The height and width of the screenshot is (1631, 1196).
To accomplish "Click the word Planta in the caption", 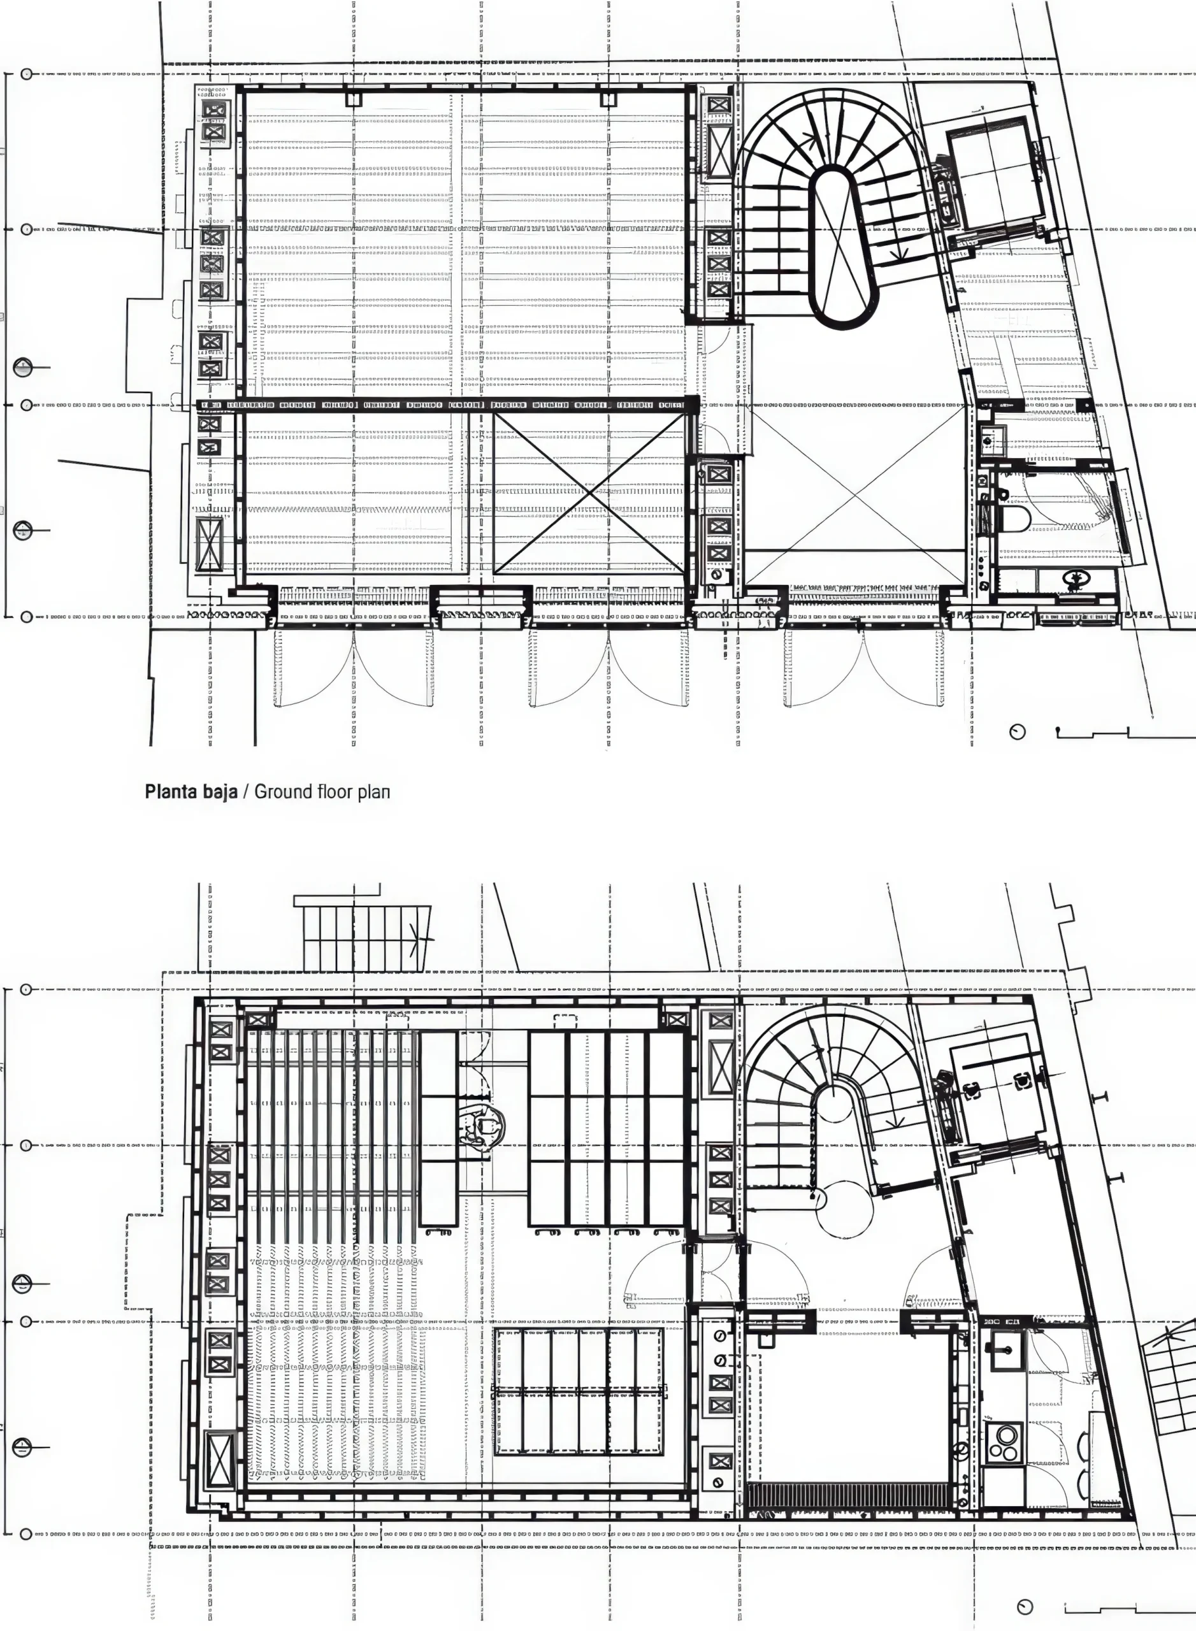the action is pyautogui.click(x=172, y=791).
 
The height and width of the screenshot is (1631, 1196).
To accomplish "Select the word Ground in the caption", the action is pyautogui.click(x=283, y=791).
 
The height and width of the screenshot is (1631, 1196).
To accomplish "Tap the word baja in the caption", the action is pyautogui.click(x=220, y=791).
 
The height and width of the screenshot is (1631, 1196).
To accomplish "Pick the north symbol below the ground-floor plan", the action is pyautogui.click(x=1018, y=733).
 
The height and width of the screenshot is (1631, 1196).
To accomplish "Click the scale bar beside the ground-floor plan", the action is pyautogui.click(x=1126, y=733).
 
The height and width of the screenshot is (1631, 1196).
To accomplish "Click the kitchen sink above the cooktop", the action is pyautogui.click(x=1004, y=1351).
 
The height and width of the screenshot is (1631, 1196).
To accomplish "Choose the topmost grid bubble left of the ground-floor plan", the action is pyautogui.click(x=27, y=74).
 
